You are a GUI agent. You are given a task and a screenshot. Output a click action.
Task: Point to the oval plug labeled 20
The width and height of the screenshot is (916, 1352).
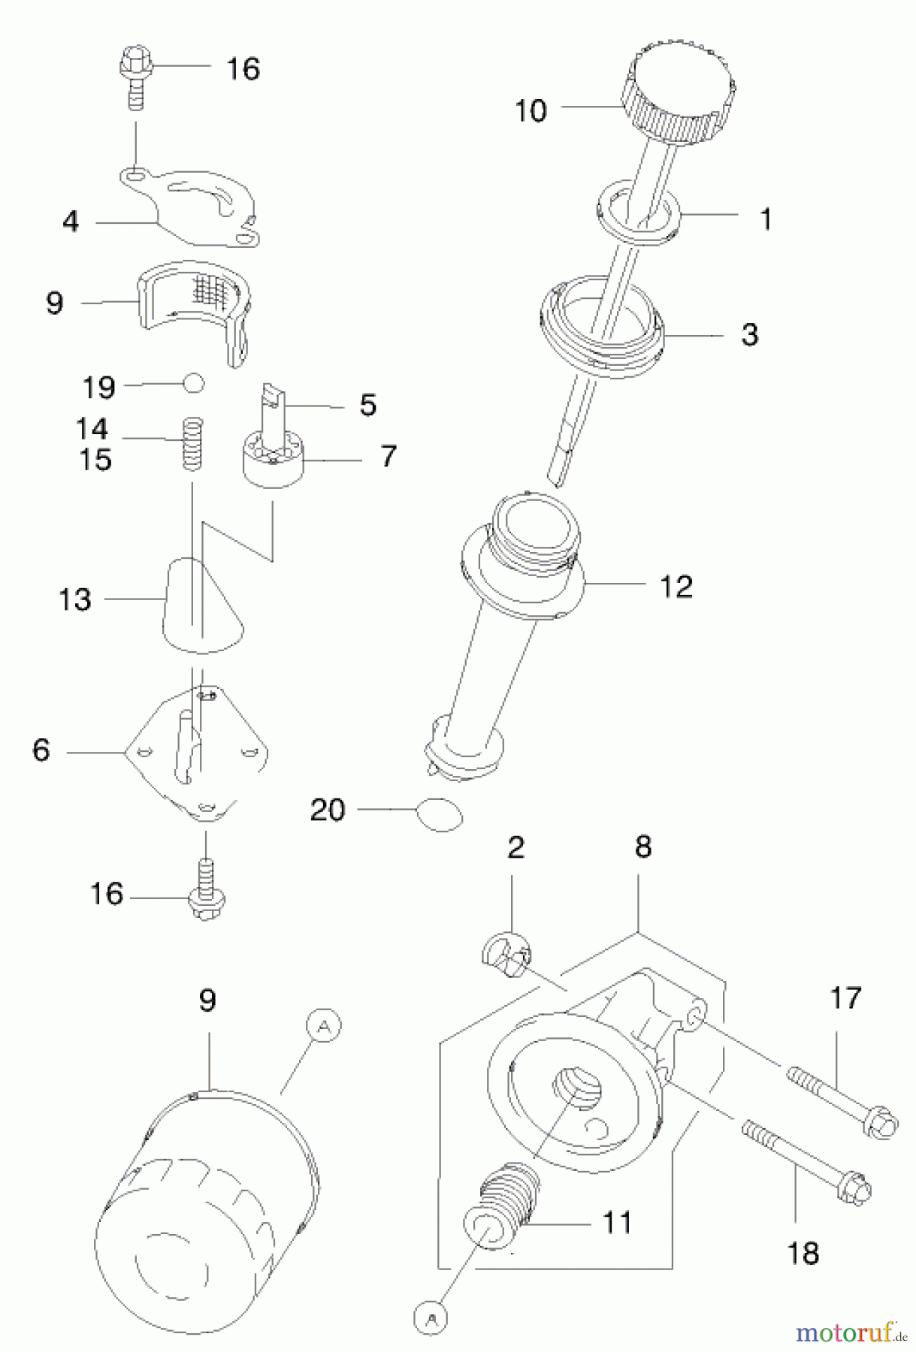point(440,813)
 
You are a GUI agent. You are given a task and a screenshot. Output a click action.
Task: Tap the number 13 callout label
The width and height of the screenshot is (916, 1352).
point(75,599)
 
